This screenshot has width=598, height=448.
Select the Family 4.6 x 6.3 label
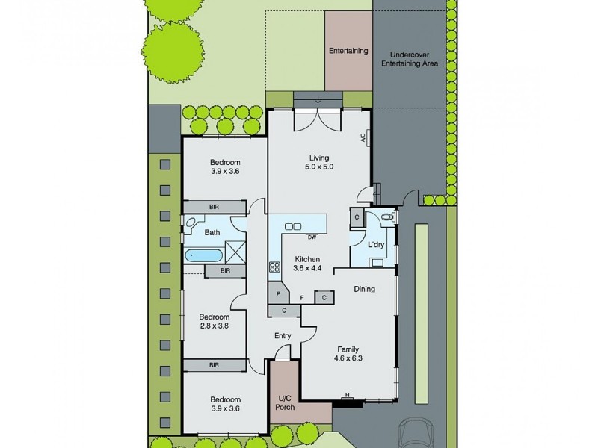click(x=348, y=354)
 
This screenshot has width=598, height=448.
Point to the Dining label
click(x=364, y=290)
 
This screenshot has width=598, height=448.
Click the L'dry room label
click(x=375, y=244)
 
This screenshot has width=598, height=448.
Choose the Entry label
click(x=282, y=336)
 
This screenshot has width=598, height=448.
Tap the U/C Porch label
click(x=285, y=402)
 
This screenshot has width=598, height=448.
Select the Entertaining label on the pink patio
click(x=348, y=51)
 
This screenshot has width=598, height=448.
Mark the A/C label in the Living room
click(x=362, y=138)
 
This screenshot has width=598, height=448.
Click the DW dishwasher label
click(x=311, y=237)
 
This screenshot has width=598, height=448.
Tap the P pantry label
click(x=278, y=294)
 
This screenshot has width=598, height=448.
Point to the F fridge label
click(x=301, y=297)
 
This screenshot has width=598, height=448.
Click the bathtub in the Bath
click(x=203, y=255)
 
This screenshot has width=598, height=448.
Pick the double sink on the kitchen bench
click(x=293, y=226)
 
